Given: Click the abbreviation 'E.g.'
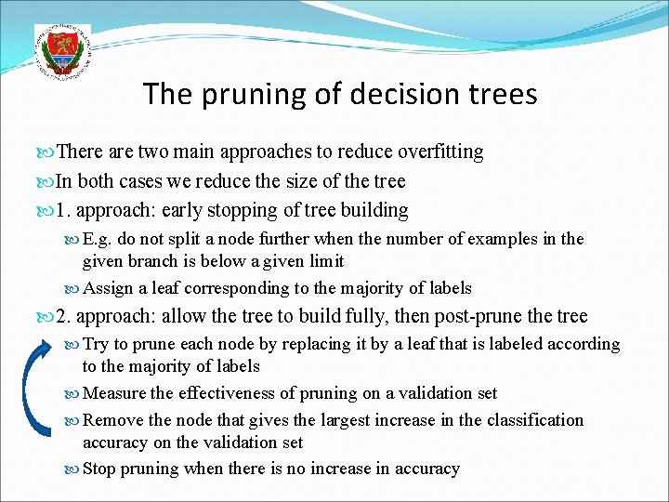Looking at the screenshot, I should pyautogui.click(x=98, y=239).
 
